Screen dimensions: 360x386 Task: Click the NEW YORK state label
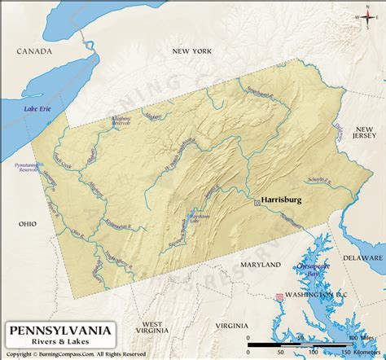[191, 51]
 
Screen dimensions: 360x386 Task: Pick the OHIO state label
[29, 222]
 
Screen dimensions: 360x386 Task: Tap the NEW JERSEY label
[363, 134]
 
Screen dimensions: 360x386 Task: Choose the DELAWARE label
[362, 257]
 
